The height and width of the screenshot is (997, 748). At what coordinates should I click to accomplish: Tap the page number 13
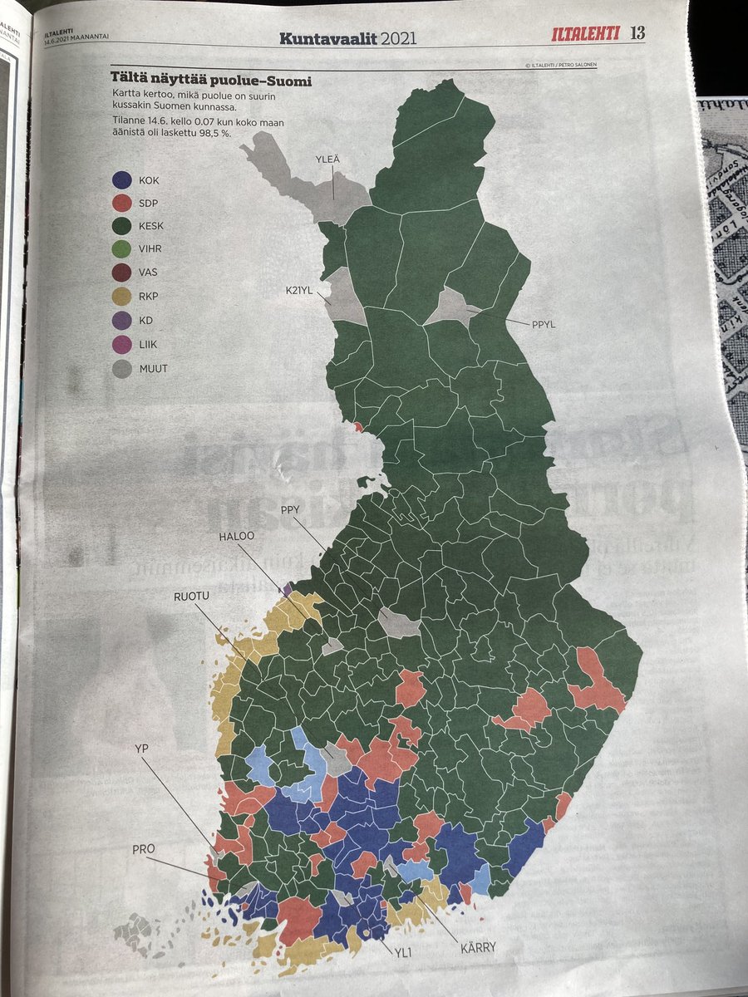point(637,33)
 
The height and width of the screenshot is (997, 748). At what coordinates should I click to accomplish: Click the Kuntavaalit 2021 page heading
point(347,38)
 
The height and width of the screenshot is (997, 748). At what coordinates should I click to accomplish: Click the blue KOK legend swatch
point(122,179)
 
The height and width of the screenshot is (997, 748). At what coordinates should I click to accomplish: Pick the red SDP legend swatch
point(122,203)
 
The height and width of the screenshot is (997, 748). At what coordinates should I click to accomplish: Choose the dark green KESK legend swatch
point(122,226)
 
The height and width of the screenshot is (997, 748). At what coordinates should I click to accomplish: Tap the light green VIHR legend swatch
point(122,249)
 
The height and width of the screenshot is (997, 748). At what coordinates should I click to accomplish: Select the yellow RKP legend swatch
point(122,297)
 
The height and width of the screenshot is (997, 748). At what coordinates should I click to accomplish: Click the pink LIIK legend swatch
point(122,343)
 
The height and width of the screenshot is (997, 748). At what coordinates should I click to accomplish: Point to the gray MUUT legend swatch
point(122,366)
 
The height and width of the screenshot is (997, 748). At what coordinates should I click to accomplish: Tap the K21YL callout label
point(298,290)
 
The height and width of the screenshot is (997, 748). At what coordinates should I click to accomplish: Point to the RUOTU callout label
point(192,597)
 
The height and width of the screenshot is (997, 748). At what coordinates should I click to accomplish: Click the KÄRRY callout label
point(477,945)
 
